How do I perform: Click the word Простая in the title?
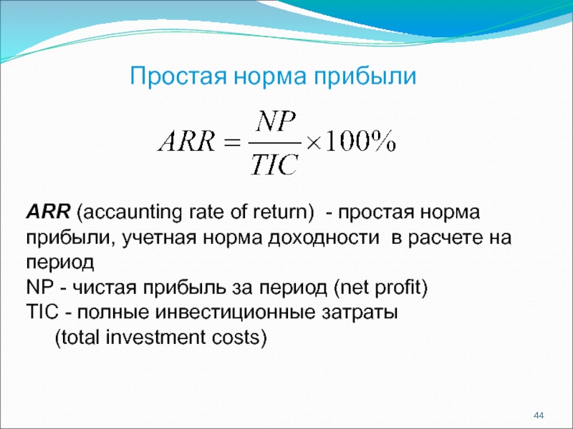(x=178, y=76)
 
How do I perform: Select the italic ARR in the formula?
(x=186, y=142)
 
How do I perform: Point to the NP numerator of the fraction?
(x=276, y=122)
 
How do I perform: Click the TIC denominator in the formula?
(x=274, y=164)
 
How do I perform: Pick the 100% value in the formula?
(x=360, y=141)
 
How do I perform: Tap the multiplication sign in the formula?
(x=313, y=143)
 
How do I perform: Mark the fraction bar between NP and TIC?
(x=274, y=143)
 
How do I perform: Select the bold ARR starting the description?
(x=48, y=212)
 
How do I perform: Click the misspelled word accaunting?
(x=133, y=213)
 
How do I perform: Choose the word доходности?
(x=324, y=239)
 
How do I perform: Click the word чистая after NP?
(x=103, y=288)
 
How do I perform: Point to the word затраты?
(x=360, y=313)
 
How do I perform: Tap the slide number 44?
(x=539, y=415)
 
